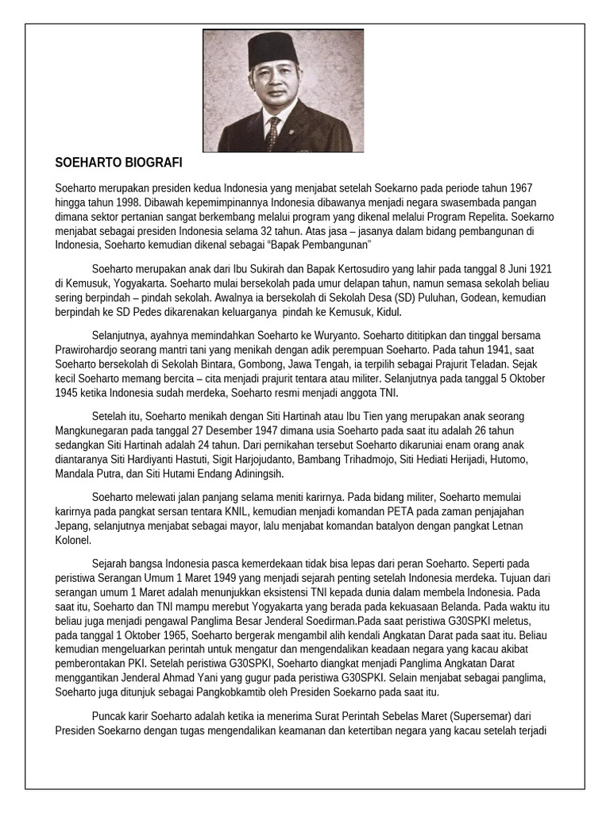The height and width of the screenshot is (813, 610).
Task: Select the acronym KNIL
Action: click(x=268, y=512)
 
